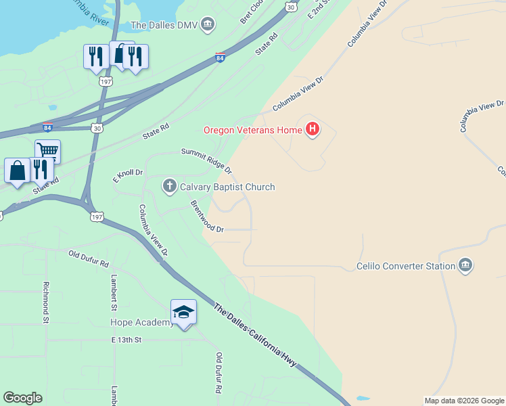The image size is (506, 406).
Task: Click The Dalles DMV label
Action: pyautogui.click(x=165, y=26)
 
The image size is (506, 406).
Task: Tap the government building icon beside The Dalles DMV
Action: pyautogui.click(x=208, y=26)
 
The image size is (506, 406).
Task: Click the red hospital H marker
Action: pyautogui.click(x=312, y=129)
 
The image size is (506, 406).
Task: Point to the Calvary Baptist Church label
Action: pyautogui.click(x=227, y=187)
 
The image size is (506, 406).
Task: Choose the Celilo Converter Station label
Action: pyautogui.click(x=405, y=266)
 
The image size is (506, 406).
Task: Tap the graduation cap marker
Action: pyautogui.click(x=183, y=312)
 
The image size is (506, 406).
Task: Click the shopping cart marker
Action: pyautogui.click(x=47, y=151)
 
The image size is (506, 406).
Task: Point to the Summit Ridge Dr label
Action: pyautogui.click(x=206, y=160)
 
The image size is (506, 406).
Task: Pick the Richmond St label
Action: pyautogui.click(x=47, y=301)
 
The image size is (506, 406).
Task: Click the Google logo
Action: pyautogui.click(x=22, y=398)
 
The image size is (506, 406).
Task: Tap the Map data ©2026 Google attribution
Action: pyautogui.click(x=464, y=401)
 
